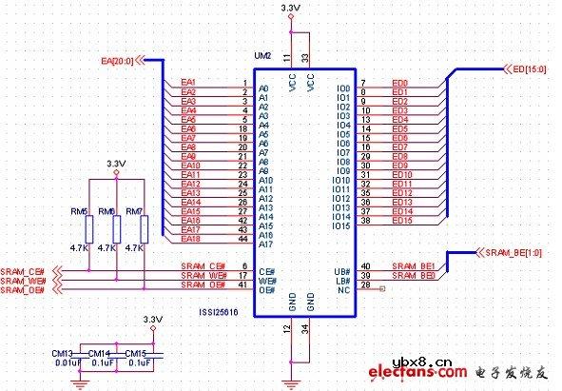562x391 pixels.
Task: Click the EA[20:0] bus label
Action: tap(118, 62)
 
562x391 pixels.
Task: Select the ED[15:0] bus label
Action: tap(532, 68)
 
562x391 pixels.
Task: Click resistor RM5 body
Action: tap(87, 228)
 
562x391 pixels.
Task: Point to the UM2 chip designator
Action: tap(262, 57)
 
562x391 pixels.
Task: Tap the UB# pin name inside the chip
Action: tap(341, 266)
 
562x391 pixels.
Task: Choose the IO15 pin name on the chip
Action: tap(341, 225)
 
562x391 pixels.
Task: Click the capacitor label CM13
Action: tap(64, 352)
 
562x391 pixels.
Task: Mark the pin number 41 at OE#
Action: tap(244, 284)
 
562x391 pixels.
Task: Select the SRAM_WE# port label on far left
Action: tap(24, 281)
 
